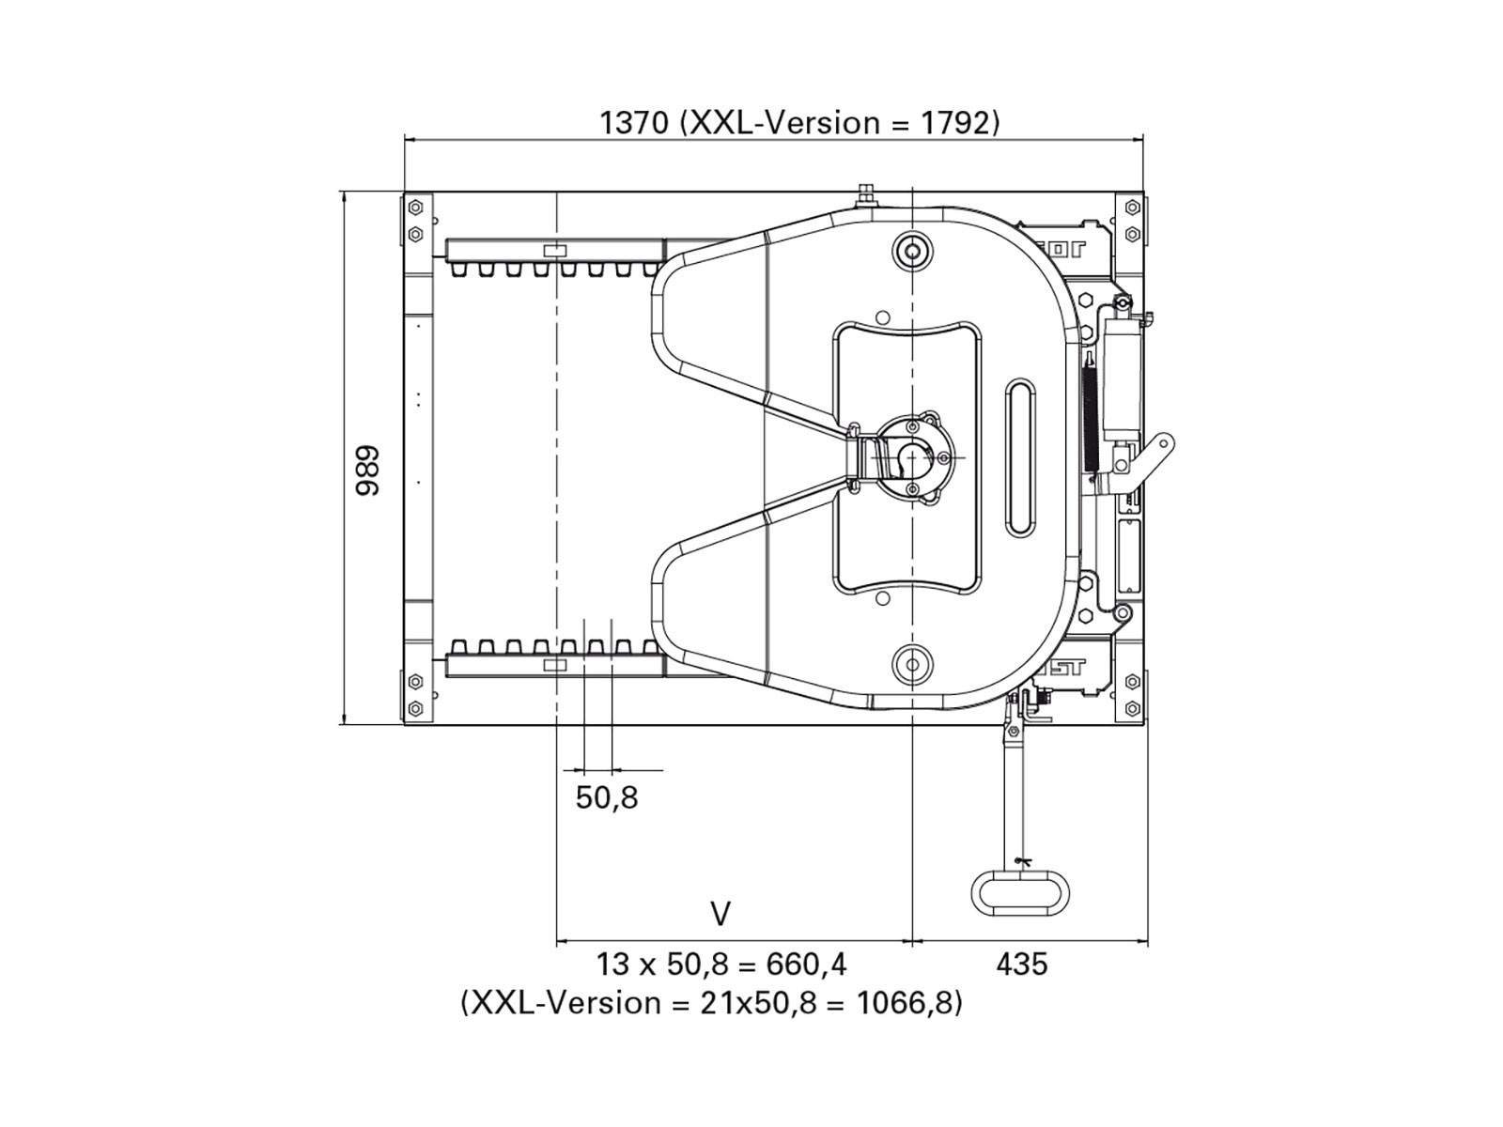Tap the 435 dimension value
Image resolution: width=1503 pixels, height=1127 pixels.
(x=1022, y=964)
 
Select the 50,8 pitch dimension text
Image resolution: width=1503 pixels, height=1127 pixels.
(x=607, y=798)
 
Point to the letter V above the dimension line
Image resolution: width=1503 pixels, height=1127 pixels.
(x=721, y=914)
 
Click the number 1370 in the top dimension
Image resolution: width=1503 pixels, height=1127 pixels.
(x=634, y=122)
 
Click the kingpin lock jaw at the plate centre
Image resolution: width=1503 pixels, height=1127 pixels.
(x=907, y=457)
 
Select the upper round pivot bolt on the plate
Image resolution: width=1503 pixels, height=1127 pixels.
(x=911, y=251)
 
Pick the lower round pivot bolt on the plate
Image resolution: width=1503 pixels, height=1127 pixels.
(x=911, y=664)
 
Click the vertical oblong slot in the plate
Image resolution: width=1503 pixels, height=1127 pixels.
(x=1021, y=457)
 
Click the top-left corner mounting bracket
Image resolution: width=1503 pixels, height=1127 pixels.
(x=418, y=222)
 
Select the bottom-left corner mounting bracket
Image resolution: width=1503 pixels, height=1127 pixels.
(x=418, y=696)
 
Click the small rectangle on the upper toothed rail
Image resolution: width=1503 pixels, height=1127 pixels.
(x=556, y=251)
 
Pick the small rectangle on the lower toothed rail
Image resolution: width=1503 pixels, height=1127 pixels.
(x=556, y=665)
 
